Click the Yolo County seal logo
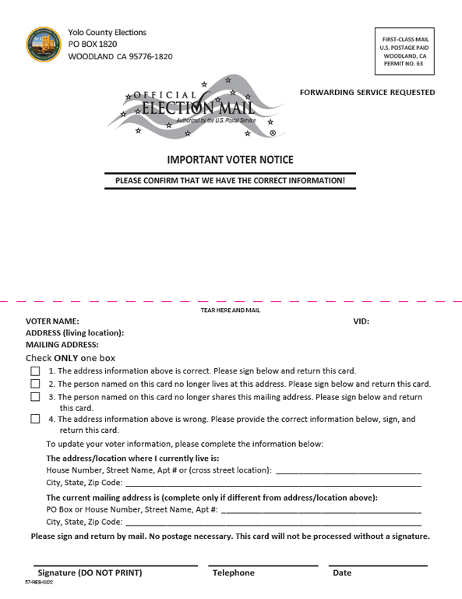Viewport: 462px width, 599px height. (44, 44)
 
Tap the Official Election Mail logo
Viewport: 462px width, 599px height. (195, 109)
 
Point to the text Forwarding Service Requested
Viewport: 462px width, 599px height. (367, 92)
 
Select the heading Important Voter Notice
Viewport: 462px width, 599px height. (230, 160)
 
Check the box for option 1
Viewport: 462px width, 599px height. (35, 371)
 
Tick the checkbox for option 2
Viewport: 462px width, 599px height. (35, 384)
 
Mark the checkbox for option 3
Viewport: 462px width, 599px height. (35, 397)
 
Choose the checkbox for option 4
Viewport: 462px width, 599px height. (35, 419)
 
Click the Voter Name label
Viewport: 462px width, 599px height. (52, 321)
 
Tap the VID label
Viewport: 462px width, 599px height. (361, 321)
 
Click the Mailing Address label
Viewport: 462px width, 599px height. (62, 344)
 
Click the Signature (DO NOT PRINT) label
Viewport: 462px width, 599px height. (90, 572)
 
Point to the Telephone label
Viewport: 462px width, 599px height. (234, 572)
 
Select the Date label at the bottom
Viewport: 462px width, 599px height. (342, 572)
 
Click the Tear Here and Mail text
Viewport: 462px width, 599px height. (231, 310)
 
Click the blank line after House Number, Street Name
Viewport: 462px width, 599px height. (348, 473)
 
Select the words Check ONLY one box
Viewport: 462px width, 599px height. (70, 358)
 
